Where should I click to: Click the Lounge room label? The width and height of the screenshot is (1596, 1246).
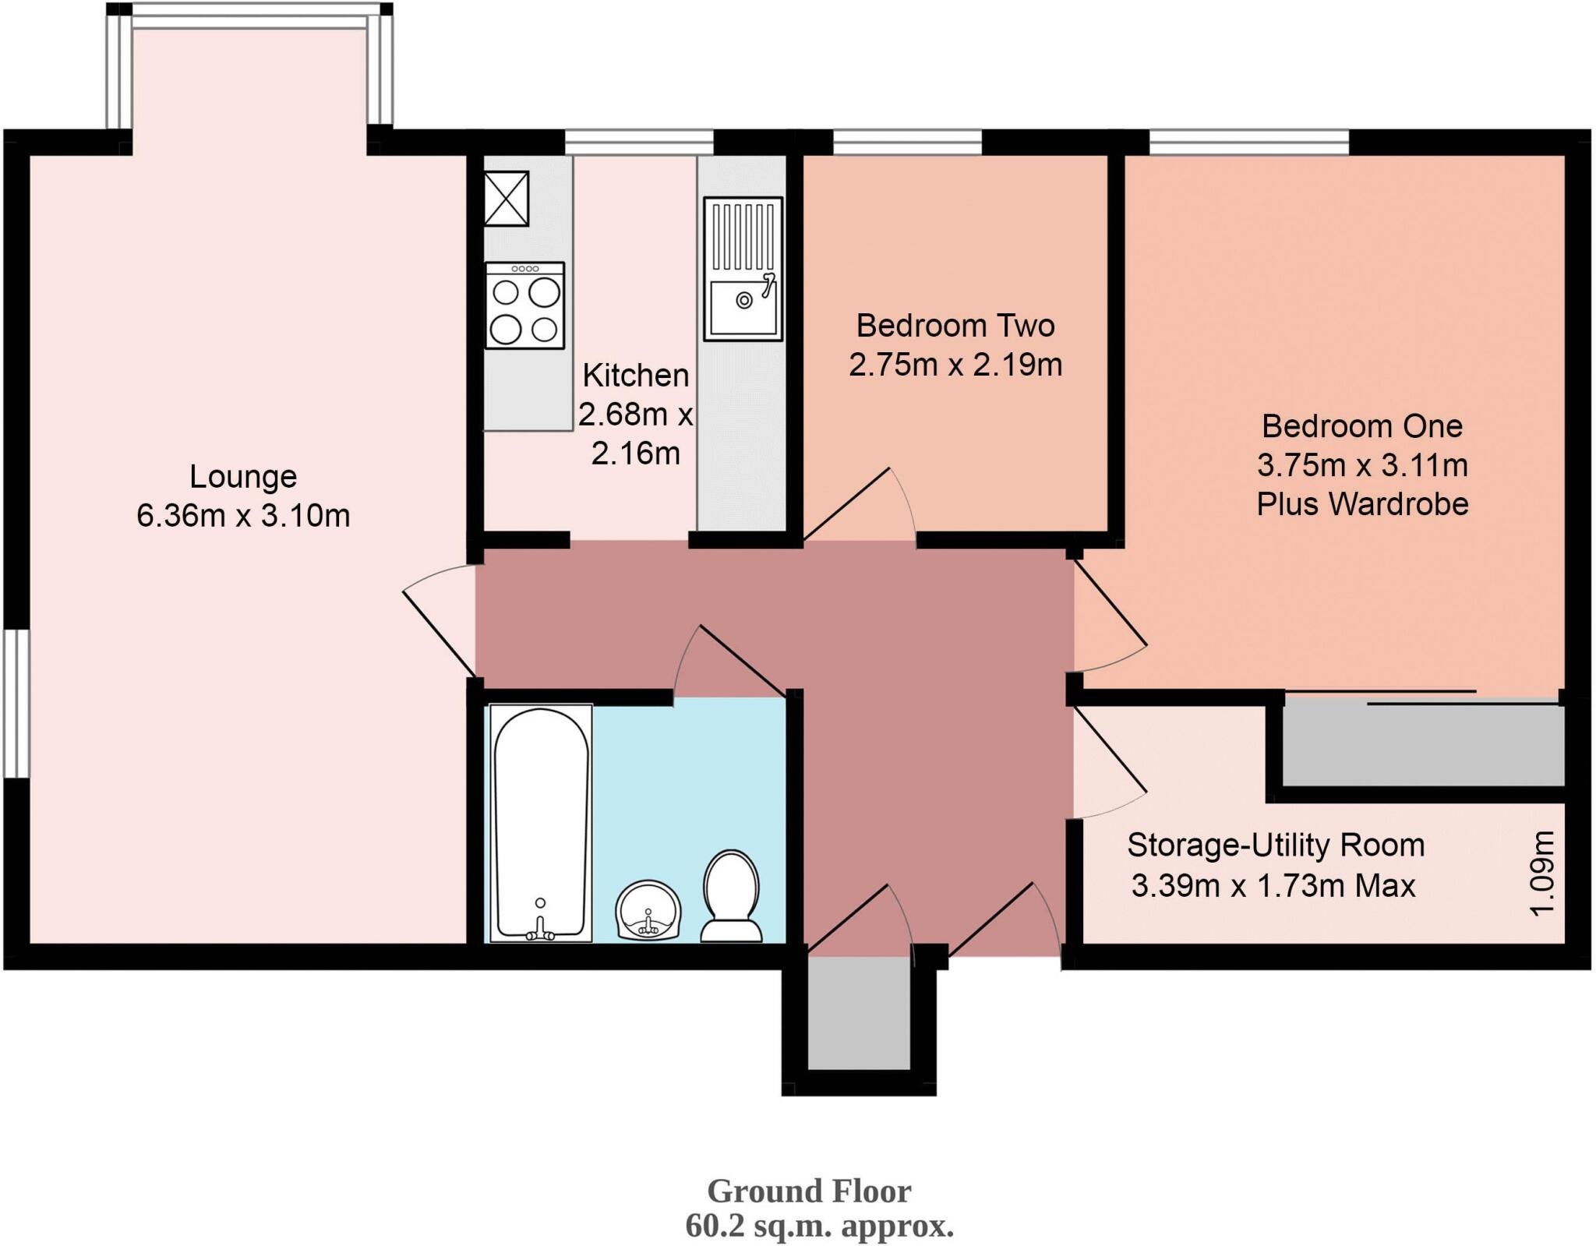point(243,476)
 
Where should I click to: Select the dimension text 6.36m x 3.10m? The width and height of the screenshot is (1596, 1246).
point(243,516)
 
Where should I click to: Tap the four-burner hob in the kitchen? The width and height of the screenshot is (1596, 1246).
point(524,305)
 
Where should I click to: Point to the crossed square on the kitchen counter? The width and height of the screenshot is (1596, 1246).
point(507,199)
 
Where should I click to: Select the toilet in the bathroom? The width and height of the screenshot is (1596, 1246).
point(731,896)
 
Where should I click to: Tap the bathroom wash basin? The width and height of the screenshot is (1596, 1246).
point(648,910)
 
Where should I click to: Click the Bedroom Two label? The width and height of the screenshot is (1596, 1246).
point(955,326)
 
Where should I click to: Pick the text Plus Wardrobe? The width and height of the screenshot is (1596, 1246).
point(1362,504)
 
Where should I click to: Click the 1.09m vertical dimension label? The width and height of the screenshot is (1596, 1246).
point(1543,873)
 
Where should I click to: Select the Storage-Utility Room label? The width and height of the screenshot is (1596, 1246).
point(1276,845)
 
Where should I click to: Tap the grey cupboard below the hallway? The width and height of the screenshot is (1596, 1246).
point(859,1013)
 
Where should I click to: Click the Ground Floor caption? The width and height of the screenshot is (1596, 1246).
point(809,1191)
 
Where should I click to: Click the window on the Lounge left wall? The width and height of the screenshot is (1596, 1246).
point(16,704)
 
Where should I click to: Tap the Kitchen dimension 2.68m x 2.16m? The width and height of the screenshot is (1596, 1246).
point(636,433)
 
